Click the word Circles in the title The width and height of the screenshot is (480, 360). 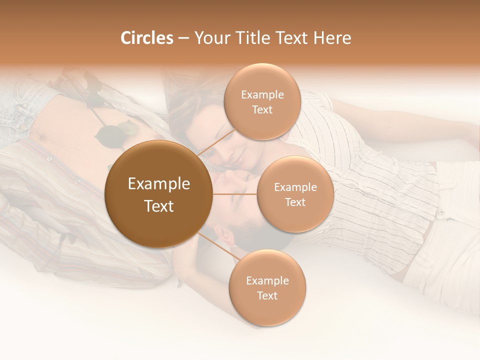[146, 38]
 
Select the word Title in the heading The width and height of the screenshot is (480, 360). [259, 38]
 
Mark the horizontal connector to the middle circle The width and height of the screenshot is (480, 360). [234, 194]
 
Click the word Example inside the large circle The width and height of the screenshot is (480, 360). [159, 184]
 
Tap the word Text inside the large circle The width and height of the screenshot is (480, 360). [159, 206]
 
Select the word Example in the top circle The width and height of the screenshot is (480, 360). [262, 95]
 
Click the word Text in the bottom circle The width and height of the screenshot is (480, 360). [267, 295]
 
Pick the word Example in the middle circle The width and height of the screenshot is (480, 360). [295, 187]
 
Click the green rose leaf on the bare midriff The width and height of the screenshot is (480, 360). [110, 135]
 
